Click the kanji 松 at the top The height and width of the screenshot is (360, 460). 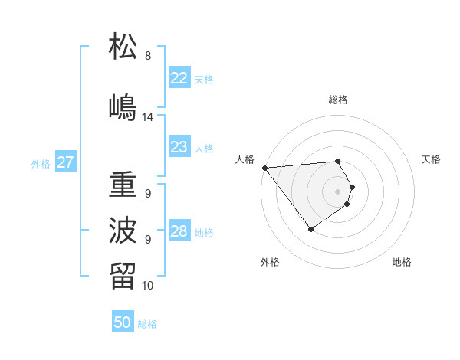[123, 47]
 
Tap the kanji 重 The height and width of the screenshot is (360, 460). [123, 185]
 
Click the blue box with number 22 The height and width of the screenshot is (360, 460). [179, 78]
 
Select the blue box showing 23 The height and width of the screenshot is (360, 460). [179, 147]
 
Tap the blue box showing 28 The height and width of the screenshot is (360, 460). [179, 231]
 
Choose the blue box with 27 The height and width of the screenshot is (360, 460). [65, 162]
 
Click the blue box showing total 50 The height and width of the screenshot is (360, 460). [123, 322]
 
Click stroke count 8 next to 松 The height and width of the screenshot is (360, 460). [148, 56]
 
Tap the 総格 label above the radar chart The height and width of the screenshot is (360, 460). [338, 100]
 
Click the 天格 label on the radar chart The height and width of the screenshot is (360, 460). [431, 159]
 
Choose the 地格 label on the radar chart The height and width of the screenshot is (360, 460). [402, 262]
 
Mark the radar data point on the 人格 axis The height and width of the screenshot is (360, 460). [264, 168]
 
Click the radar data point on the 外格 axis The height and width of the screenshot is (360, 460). [310, 229]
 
